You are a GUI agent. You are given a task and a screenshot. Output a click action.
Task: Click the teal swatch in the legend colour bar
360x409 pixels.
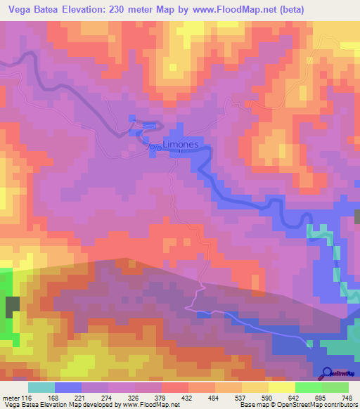point(41,388)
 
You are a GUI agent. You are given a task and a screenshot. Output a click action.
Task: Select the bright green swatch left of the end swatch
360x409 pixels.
point(309,388)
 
